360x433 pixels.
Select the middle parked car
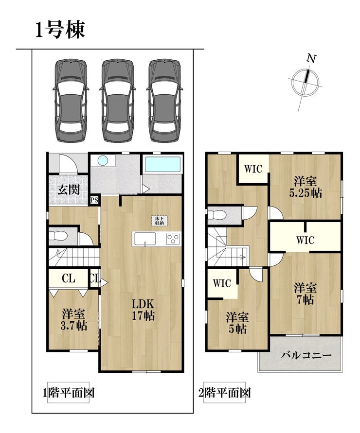click(118, 101)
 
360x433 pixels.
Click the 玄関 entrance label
click(69, 190)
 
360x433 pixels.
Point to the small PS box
click(94, 200)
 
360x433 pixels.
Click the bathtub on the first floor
click(162, 165)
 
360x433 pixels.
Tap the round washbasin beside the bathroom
click(103, 160)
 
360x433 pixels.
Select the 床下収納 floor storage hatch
click(159, 220)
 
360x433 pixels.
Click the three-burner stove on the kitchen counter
click(173, 239)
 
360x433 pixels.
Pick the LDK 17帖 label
click(143, 310)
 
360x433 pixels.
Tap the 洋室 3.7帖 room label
click(73, 320)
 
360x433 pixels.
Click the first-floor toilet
click(58, 236)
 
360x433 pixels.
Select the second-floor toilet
click(216, 215)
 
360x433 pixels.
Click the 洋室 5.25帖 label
click(306, 187)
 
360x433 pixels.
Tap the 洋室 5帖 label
click(237, 323)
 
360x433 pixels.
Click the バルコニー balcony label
click(306, 355)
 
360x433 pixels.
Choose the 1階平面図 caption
click(68, 393)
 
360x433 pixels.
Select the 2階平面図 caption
click(225, 393)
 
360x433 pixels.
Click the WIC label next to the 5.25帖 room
click(253, 169)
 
